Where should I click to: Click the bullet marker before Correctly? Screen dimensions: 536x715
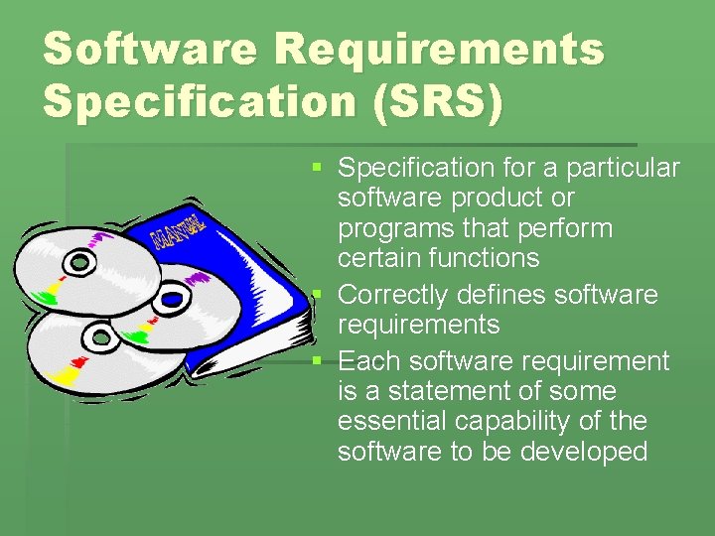pyautogui.click(x=317, y=295)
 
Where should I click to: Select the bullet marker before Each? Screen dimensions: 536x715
pyautogui.click(x=317, y=360)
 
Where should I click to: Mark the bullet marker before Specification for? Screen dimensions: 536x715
pyautogui.click(x=317, y=168)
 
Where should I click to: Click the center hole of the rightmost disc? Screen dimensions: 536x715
pyautogui.click(x=170, y=297)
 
